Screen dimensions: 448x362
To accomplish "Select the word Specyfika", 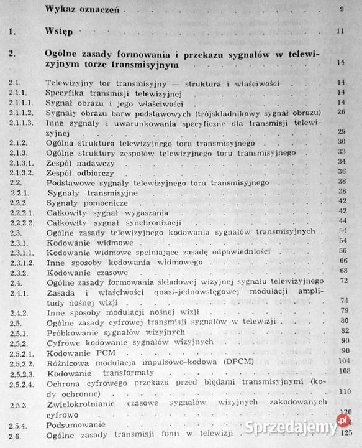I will point(67,93).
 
